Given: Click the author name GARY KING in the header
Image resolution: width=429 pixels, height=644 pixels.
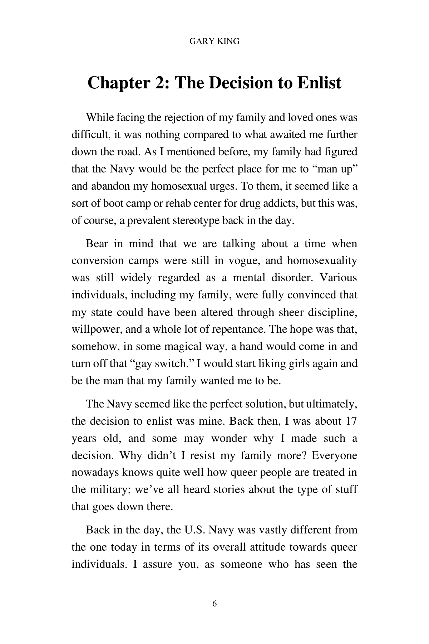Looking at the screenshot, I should click(214, 42).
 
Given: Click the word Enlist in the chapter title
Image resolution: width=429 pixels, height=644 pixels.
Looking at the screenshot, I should click(319, 83).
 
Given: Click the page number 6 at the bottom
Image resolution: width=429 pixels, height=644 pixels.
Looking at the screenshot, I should click(214, 604).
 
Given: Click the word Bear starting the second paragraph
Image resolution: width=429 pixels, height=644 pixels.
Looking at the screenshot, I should click(97, 244).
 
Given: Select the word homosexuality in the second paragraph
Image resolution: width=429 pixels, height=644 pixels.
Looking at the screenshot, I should click(322, 261).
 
